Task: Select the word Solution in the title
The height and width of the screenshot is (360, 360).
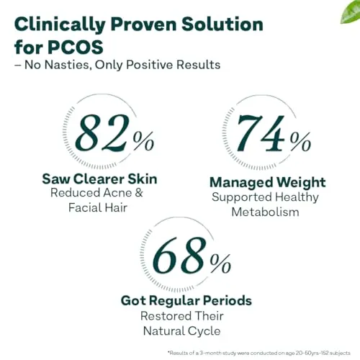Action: (222, 24)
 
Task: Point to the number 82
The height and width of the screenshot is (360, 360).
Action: (103, 132)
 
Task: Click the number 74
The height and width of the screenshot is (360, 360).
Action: (261, 133)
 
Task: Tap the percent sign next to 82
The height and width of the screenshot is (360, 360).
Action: (143, 141)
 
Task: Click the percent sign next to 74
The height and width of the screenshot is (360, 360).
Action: (300, 142)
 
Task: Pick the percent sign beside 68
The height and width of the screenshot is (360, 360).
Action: (220, 264)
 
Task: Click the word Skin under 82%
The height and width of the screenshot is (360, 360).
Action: (143, 179)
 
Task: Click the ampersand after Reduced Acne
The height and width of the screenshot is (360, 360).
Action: (139, 193)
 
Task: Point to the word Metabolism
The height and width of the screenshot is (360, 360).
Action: (265, 212)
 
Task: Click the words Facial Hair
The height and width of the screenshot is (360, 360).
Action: (98, 207)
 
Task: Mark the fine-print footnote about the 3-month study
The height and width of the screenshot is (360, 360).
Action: (259, 353)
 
